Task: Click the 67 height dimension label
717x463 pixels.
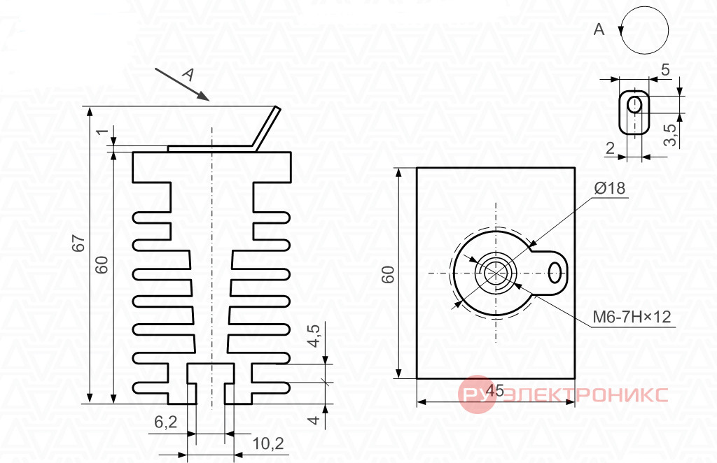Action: coord(78,243)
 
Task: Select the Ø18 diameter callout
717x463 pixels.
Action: coord(610,187)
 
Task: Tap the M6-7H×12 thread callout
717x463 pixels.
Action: coord(632,316)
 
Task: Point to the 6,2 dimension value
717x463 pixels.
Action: coord(165,422)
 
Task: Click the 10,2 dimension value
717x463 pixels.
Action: coord(268,443)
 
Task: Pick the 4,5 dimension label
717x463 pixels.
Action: coord(314,336)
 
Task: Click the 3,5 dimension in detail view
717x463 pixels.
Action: coord(670,135)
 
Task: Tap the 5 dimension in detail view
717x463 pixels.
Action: coord(665,69)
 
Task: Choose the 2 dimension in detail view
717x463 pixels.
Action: coord(610,148)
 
